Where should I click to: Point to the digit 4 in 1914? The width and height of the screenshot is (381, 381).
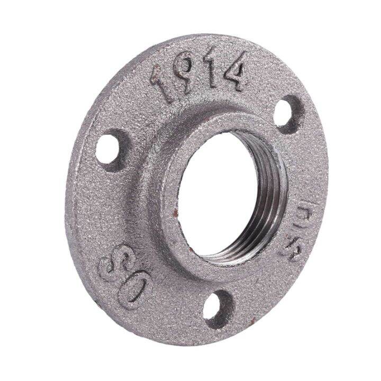[233, 71]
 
